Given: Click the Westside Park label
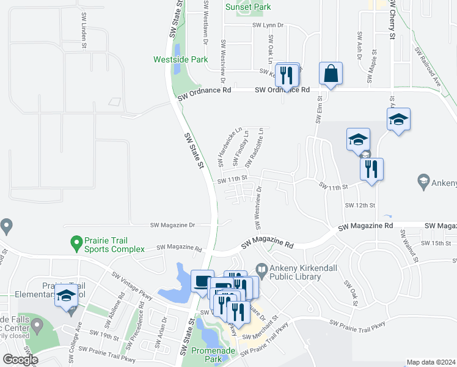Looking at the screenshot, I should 180,60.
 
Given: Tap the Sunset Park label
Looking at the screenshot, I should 247,7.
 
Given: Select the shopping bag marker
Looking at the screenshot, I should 331,74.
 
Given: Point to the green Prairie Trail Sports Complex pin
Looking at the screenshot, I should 76,243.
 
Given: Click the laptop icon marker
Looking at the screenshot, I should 202,282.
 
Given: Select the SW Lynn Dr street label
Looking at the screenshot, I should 269,25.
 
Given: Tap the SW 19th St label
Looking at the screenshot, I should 103,333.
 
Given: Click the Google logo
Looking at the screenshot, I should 21,360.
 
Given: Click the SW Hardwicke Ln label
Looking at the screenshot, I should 223,149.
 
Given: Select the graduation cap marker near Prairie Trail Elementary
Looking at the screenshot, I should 66,297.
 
